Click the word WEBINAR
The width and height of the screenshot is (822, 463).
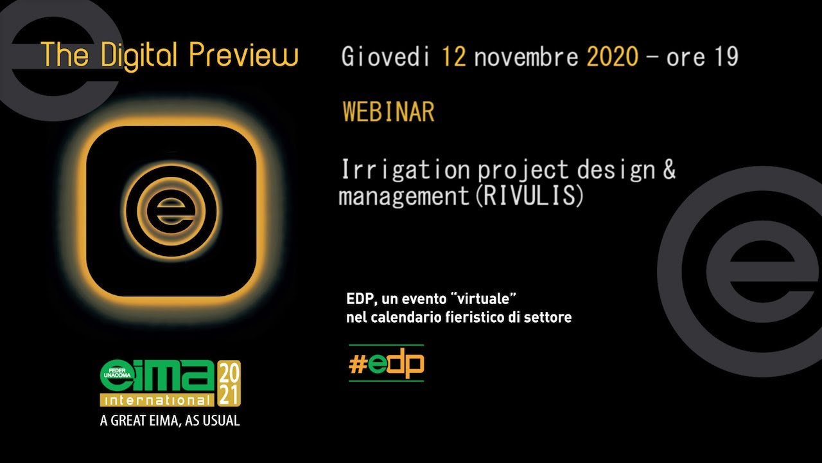tap(389, 111)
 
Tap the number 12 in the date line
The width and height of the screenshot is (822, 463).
tap(454, 57)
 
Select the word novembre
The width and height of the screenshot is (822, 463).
tap(527, 57)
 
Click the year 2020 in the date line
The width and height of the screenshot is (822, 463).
tap(613, 57)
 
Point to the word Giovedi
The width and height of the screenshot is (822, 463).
tap(386, 57)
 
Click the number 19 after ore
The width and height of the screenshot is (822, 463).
tap(726, 57)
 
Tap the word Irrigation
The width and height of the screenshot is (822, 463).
tap(406, 170)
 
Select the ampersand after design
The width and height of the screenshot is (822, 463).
tap(669, 169)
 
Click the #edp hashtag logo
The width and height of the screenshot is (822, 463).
tap(387, 363)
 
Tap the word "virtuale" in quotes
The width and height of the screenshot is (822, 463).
tap(485, 299)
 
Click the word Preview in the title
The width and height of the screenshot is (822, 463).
tap(243, 55)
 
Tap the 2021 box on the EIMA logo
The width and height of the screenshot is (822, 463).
tap(229, 383)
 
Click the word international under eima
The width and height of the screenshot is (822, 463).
tap(157, 401)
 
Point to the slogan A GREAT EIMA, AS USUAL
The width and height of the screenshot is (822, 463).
tap(170, 421)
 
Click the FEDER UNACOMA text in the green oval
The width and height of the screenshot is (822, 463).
tap(118, 373)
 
